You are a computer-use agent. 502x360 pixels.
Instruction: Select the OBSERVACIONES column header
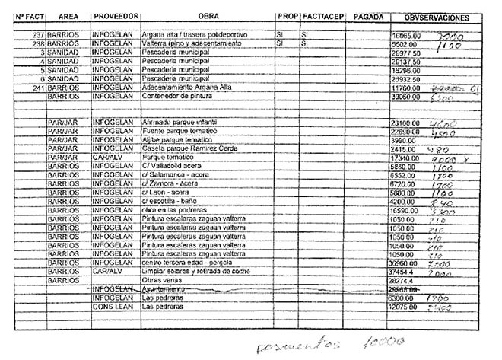point(436,17)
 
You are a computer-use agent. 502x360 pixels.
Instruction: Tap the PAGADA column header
point(368,16)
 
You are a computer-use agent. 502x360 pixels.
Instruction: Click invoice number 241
point(34,88)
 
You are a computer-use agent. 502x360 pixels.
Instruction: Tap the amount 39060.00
point(405,97)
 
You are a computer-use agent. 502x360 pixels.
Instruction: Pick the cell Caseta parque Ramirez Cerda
point(186,148)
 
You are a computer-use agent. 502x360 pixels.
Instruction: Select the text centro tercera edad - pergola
point(186,262)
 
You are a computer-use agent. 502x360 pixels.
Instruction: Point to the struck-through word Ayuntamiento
point(164,289)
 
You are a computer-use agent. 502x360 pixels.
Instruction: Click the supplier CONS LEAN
point(113,307)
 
